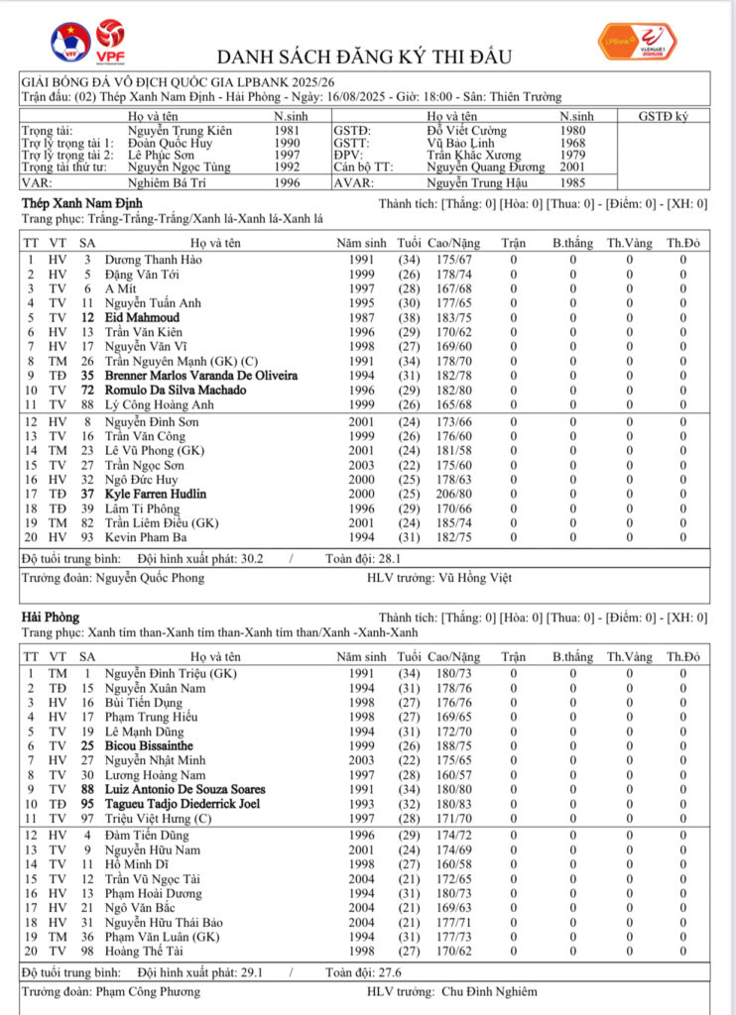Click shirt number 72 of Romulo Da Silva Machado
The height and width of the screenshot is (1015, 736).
pyautogui.click(x=87, y=391)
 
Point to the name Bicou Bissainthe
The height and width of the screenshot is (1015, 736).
pyautogui.click(x=149, y=745)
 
